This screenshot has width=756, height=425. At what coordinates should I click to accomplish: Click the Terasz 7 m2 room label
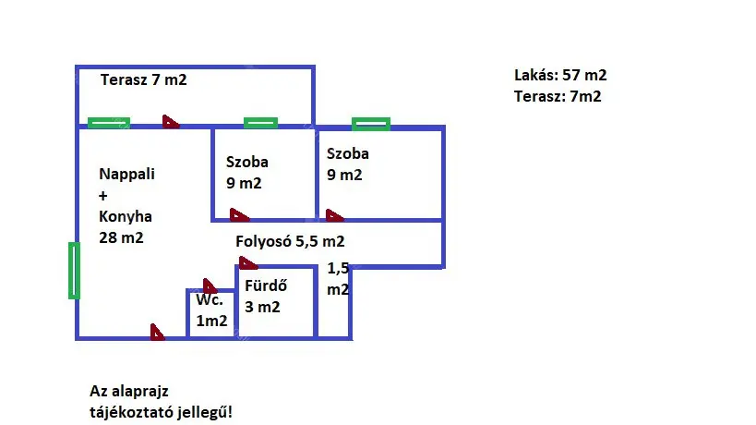(x=144, y=80)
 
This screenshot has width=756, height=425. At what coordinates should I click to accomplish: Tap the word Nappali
(x=126, y=174)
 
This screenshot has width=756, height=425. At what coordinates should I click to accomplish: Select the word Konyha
(x=126, y=217)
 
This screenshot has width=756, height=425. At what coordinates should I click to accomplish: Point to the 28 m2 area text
(x=121, y=238)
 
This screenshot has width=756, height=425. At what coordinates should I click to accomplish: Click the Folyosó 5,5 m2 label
(x=290, y=242)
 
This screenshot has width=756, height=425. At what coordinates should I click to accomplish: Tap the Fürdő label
(x=266, y=285)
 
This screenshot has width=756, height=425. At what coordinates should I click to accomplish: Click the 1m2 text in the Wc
(x=210, y=322)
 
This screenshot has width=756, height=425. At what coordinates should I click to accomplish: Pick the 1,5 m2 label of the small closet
(x=339, y=279)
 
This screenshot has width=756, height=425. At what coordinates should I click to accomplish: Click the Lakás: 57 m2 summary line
(x=560, y=76)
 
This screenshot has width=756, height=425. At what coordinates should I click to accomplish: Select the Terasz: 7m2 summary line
(x=558, y=96)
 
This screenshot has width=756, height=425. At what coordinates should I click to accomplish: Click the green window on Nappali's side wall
(x=74, y=270)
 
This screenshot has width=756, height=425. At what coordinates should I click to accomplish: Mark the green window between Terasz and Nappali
(x=108, y=123)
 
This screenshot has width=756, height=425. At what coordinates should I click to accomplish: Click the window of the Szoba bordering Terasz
(x=260, y=123)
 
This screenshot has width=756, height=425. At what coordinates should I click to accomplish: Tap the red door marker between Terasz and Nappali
(x=171, y=121)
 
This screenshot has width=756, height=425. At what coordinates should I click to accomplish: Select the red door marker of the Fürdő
(x=247, y=262)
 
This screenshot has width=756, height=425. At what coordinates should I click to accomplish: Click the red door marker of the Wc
(x=210, y=286)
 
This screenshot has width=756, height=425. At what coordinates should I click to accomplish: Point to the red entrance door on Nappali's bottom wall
(x=158, y=332)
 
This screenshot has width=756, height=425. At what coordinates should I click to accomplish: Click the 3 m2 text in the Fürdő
(x=262, y=308)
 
